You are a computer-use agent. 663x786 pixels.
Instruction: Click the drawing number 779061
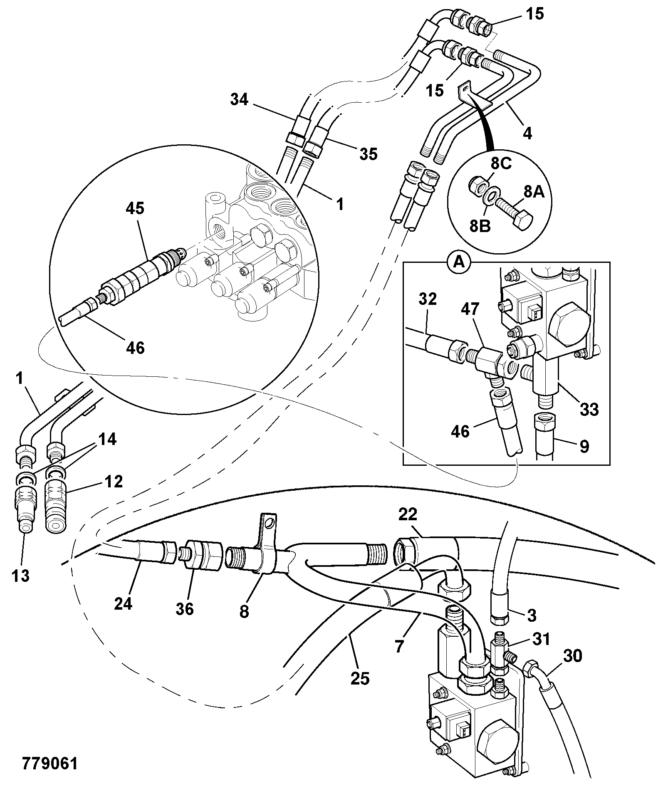click(x=49, y=764)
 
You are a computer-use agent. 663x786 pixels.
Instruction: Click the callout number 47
click(x=470, y=309)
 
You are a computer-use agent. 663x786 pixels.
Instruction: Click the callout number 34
click(x=239, y=100)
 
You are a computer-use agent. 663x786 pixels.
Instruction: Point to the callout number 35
click(x=368, y=154)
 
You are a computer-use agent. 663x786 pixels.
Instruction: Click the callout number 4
click(x=527, y=133)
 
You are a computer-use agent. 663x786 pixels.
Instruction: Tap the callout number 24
click(x=123, y=603)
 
